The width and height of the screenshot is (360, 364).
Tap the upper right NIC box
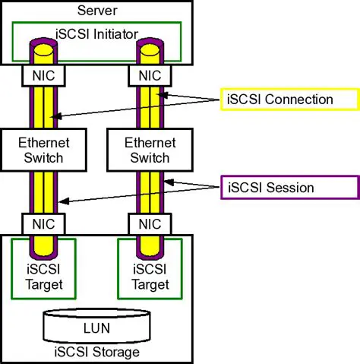coord(150,75)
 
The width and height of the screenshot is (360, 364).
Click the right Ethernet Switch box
coord(150,150)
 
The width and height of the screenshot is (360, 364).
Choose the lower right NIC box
coord(150,224)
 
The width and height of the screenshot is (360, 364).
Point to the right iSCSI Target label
coord(150,277)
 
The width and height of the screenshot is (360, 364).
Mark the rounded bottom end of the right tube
coord(150,252)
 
